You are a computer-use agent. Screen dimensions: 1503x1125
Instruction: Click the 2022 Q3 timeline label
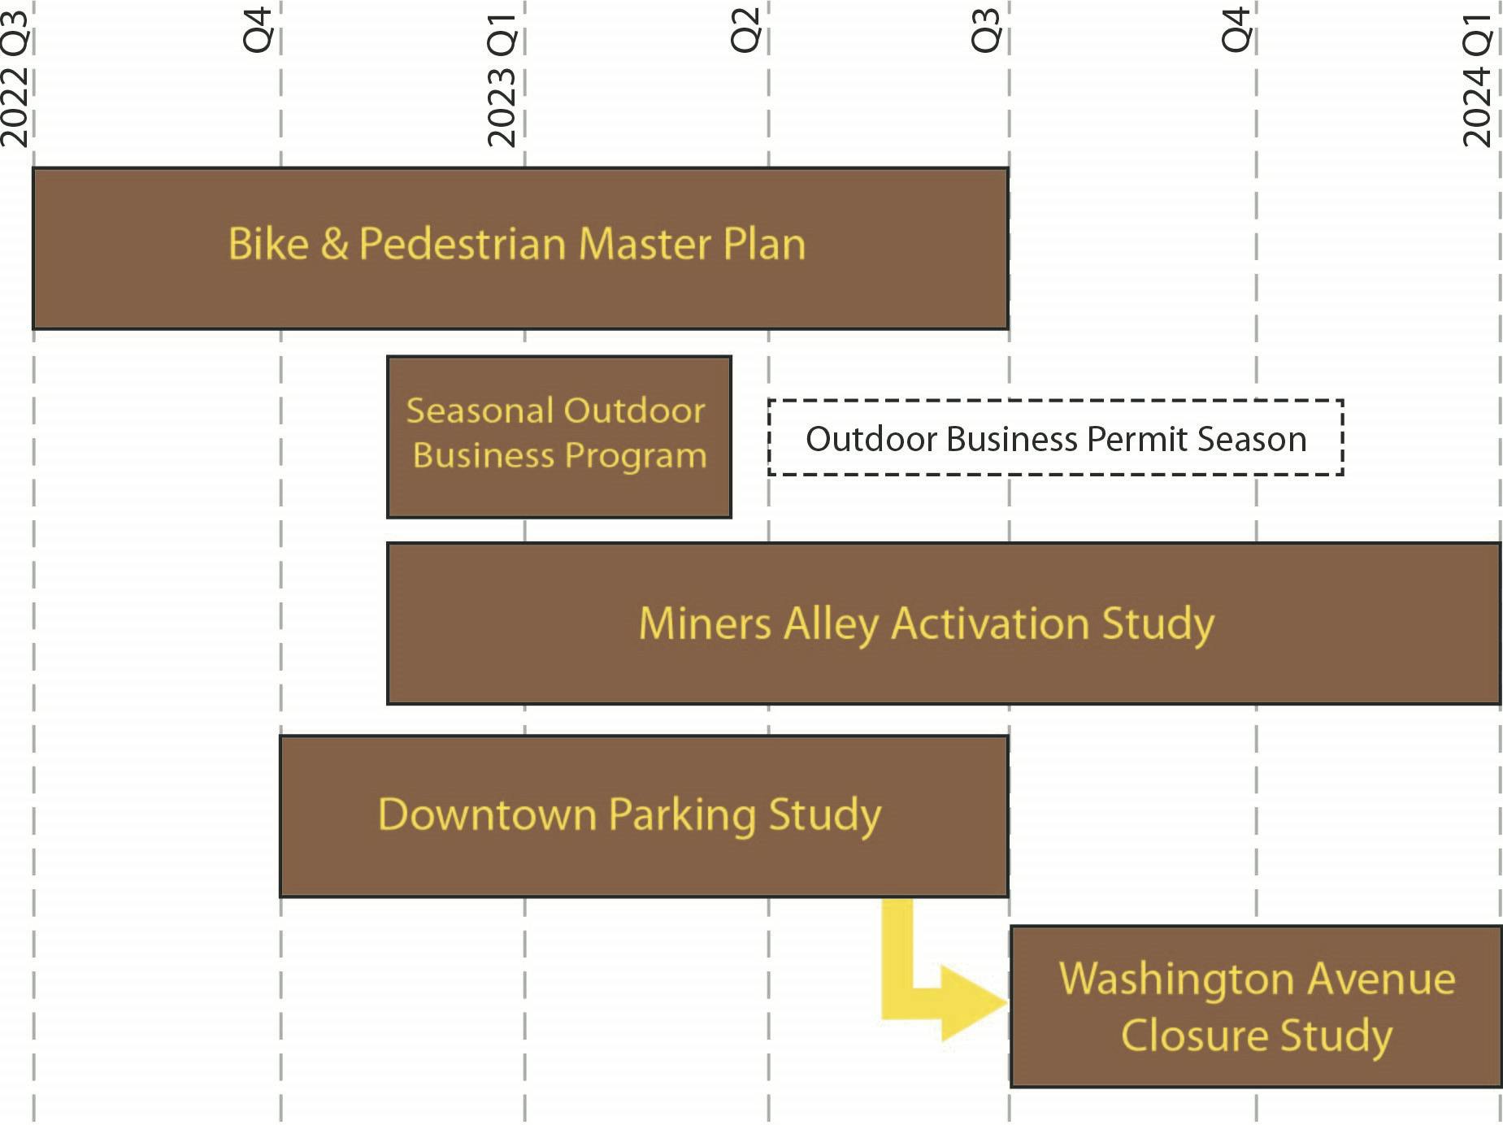[x=15, y=78]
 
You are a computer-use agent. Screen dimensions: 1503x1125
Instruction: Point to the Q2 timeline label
[x=745, y=30]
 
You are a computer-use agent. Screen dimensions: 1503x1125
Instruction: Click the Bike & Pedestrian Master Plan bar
[x=520, y=249]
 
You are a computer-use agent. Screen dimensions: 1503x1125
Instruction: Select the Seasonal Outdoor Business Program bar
[x=559, y=437]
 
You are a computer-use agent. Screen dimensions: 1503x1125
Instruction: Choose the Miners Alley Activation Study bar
[x=944, y=623]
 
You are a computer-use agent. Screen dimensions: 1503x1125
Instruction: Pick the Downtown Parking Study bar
[x=644, y=816]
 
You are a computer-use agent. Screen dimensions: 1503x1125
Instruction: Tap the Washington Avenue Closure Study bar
[x=1256, y=1006]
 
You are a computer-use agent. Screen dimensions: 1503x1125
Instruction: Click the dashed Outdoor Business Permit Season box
[x=1055, y=437]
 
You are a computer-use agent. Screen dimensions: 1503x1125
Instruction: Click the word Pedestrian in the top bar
[x=463, y=244]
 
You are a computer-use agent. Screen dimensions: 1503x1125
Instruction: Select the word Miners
[x=705, y=624]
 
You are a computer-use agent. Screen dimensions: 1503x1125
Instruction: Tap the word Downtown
[x=487, y=814]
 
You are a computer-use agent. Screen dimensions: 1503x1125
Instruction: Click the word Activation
[x=990, y=624]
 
